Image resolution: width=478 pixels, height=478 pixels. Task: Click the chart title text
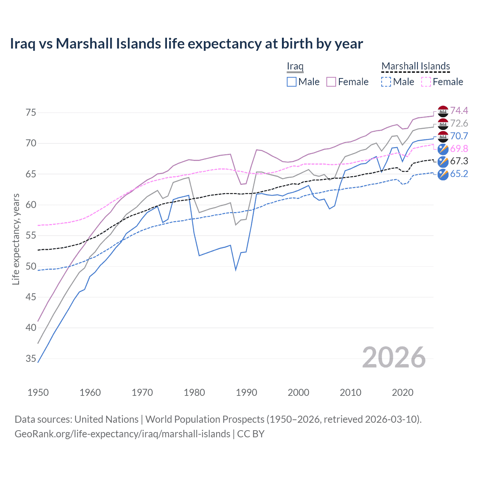click(186, 44)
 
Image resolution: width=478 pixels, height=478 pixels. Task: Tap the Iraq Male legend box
click(292, 82)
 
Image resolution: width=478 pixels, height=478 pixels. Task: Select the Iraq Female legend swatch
click(331, 82)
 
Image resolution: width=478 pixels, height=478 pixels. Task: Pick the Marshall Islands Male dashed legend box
click(386, 82)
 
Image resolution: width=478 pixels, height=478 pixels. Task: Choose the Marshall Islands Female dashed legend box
click(426, 82)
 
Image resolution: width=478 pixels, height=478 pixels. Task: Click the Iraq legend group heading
click(295, 66)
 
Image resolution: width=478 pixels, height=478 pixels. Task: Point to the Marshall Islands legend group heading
click(416, 66)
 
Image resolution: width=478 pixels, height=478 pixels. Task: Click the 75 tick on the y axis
click(31, 112)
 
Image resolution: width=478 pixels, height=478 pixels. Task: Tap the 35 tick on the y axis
click(31, 359)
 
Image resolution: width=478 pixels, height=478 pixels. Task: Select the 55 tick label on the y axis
click(31, 236)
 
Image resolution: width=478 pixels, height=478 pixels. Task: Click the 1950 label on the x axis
click(38, 392)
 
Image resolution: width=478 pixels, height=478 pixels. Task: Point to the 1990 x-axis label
click(246, 392)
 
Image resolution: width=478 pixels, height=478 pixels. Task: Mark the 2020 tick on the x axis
click(403, 392)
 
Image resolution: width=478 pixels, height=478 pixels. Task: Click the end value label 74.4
click(459, 111)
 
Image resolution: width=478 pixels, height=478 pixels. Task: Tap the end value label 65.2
click(459, 174)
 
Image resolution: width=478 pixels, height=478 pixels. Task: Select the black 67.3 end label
click(459, 161)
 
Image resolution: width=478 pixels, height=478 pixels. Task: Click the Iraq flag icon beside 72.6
click(443, 124)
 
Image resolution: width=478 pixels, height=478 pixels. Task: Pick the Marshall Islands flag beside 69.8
click(443, 149)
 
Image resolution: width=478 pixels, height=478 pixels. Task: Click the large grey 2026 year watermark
click(394, 357)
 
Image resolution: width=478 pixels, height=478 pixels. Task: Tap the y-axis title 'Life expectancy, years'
click(16, 239)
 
